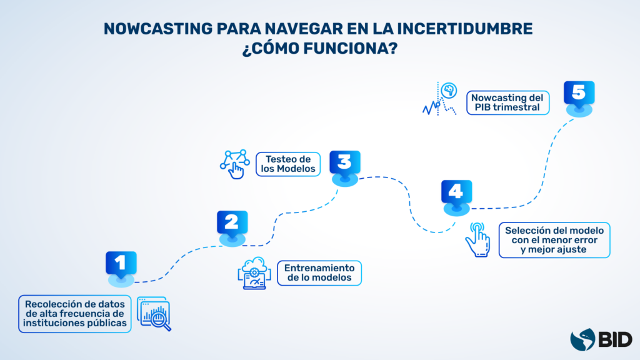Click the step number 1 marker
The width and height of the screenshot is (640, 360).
click(x=121, y=264)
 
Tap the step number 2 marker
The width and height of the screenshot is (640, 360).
click(x=232, y=223)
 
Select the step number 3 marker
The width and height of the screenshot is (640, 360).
click(x=345, y=163)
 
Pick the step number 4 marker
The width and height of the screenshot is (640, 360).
click(x=456, y=192)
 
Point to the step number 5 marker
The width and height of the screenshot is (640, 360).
click(x=579, y=94)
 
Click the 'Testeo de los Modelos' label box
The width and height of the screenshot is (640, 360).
click(x=287, y=164)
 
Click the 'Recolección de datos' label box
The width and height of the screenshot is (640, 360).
click(x=75, y=313)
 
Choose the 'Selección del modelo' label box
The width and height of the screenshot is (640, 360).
click(x=555, y=240)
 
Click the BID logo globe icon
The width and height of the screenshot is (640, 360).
click(x=583, y=339)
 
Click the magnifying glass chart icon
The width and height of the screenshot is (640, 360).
click(x=154, y=314)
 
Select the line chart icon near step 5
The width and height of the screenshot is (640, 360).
click(x=441, y=99)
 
